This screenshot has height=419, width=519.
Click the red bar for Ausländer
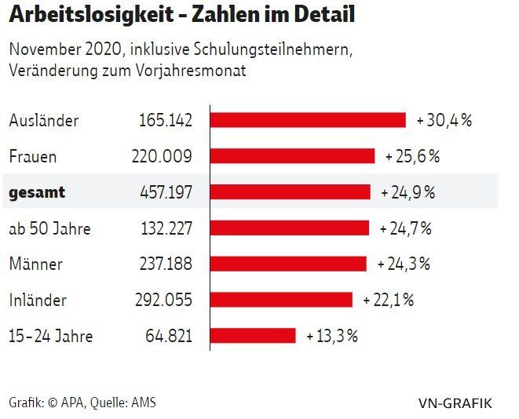pos(308,120)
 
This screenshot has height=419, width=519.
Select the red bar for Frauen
pos(292,156)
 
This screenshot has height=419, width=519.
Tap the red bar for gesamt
pos(290,192)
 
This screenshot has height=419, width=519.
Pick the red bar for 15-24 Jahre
pos(253,336)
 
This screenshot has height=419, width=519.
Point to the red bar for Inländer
pos(281,300)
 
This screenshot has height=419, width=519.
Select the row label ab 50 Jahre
pos(49,228)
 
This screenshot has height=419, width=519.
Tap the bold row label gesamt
pos(37,192)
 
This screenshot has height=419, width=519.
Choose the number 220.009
pos(162,156)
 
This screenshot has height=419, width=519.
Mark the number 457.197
pos(162,192)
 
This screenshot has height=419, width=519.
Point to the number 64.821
pos(169,336)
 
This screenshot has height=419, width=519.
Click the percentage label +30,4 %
pos(444,120)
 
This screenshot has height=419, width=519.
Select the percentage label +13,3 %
pos(332,336)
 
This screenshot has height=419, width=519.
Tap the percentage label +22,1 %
pos(389,300)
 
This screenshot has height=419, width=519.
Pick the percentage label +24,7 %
pos(406,228)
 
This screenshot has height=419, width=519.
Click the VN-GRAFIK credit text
pos(455,403)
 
